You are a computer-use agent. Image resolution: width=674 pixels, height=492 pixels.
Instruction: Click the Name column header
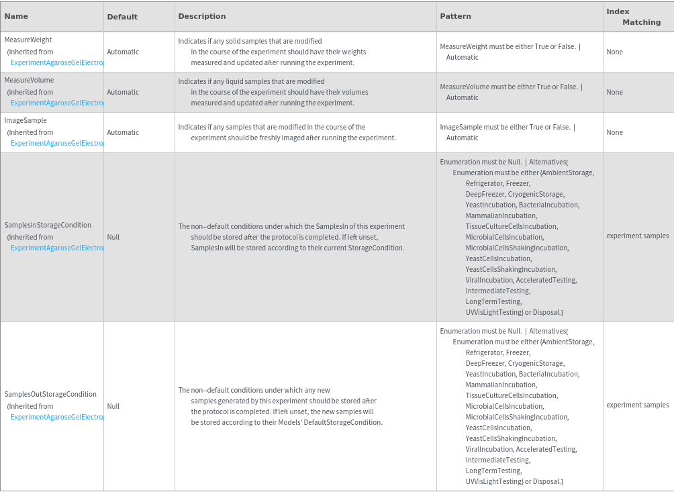pos(16,16)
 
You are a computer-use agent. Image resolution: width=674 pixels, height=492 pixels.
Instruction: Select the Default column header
pos(122,17)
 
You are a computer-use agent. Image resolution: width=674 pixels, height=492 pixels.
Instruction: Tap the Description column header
pos(202,16)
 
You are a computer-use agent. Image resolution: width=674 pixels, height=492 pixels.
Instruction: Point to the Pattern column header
pos(455,16)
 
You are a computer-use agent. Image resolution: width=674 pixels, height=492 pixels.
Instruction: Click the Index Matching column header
pos(633,17)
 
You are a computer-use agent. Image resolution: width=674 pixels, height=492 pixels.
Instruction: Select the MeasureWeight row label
pos(28,40)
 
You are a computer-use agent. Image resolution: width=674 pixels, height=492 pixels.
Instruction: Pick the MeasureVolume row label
pos(29,81)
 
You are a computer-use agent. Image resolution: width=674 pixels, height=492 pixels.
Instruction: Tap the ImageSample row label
pos(26,121)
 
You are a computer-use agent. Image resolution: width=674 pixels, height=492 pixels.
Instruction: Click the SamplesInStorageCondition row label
pos(48,226)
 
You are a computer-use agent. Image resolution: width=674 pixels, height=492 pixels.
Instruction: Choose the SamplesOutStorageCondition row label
pos(50,395)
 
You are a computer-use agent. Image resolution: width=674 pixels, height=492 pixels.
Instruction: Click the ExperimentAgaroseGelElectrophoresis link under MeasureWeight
pos(57,63)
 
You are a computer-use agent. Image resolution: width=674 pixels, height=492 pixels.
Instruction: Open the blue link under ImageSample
pos(57,144)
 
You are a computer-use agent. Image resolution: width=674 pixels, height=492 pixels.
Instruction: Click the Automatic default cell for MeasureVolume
pos(123,93)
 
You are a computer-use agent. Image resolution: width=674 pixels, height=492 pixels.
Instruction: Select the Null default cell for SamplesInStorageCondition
pos(113,238)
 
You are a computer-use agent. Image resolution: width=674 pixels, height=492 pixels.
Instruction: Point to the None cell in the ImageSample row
pos(614,133)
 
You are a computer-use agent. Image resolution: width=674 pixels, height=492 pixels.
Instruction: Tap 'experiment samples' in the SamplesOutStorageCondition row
pos(637,405)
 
